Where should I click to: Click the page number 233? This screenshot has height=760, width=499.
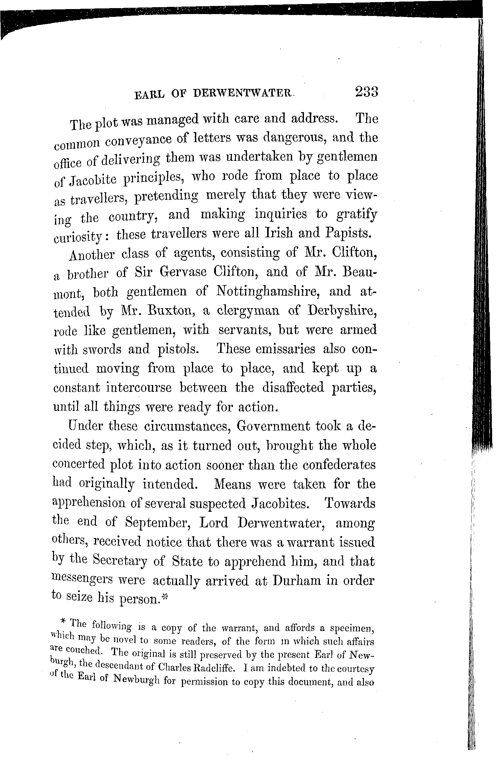pos(366,92)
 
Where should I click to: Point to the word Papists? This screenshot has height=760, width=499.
pos(348,234)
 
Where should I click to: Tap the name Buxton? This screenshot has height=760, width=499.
pos(164,311)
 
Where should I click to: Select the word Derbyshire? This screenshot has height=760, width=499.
pos(342,311)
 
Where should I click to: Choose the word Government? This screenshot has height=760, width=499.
pos(273,426)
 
